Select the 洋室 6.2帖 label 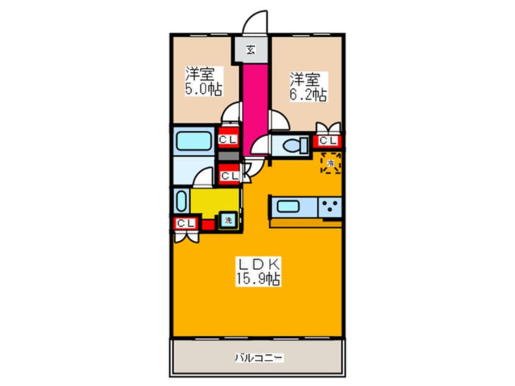click(x=308, y=86)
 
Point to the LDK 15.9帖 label click(x=257, y=272)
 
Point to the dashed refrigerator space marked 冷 click(x=331, y=163)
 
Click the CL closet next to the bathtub click(x=228, y=140)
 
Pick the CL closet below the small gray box click(x=229, y=175)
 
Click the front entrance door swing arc click(x=255, y=24)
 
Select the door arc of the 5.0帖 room click(x=231, y=114)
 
